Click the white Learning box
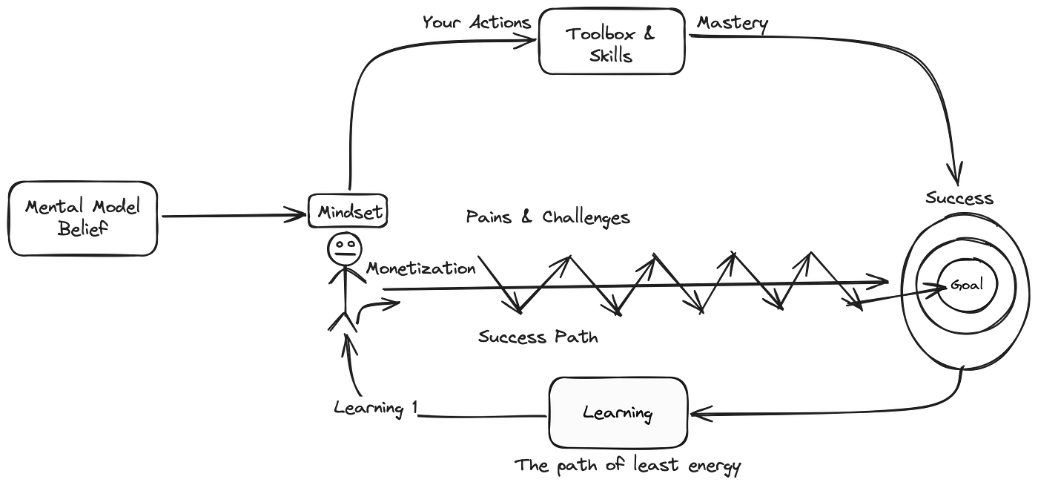coord(618,413)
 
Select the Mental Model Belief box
coord(82,218)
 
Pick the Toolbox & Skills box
coord(611,42)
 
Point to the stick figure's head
coord(344,245)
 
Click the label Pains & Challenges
coord(548,218)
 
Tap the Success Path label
coord(538,337)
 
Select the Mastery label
coord(733,23)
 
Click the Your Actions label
coord(477,22)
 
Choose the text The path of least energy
coord(628,466)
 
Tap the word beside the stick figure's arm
coord(420,268)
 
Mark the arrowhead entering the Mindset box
coord(300,215)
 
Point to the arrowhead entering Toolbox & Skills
coord(528,41)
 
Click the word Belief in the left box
coord(82,229)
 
